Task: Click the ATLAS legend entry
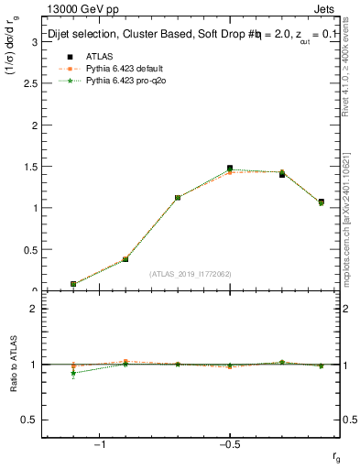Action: coord(98,57)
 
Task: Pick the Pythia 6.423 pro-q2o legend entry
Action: coord(119,81)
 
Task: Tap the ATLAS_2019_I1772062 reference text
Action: coord(191,274)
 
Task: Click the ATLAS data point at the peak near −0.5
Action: coord(230,169)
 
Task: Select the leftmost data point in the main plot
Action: coord(73,284)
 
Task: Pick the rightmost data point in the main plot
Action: coord(321,202)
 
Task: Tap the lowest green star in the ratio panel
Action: coord(73,373)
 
